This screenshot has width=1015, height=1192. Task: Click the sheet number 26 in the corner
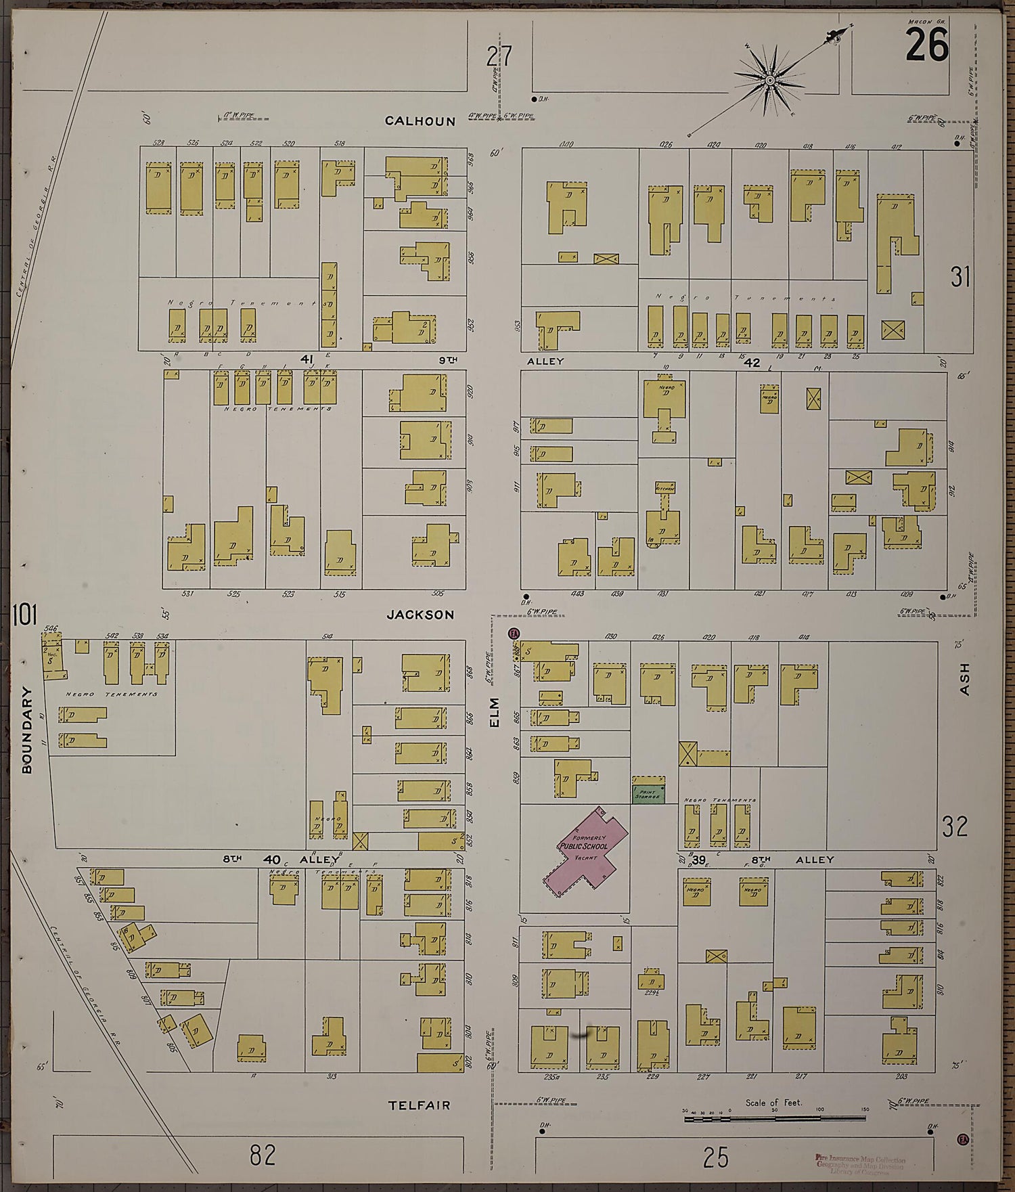[927, 46]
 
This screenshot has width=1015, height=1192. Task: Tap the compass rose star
[769, 81]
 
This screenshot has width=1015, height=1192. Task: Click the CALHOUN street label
[420, 121]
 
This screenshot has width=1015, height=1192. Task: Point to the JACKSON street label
[420, 615]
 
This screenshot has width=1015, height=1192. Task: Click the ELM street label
[494, 712]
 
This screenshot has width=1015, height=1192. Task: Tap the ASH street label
[964, 678]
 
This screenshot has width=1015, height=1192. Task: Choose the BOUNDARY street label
[27, 730]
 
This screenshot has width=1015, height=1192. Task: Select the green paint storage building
[648, 793]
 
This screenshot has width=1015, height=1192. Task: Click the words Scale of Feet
[773, 1103]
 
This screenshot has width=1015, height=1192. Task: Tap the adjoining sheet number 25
[715, 1158]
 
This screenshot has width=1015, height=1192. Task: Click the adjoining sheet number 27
[499, 56]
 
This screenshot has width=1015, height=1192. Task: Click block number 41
[308, 359]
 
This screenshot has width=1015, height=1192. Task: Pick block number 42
[752, 363]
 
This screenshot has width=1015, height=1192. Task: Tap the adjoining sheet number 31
[960, 277]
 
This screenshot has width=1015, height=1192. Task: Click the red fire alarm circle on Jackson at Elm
[514, 634]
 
